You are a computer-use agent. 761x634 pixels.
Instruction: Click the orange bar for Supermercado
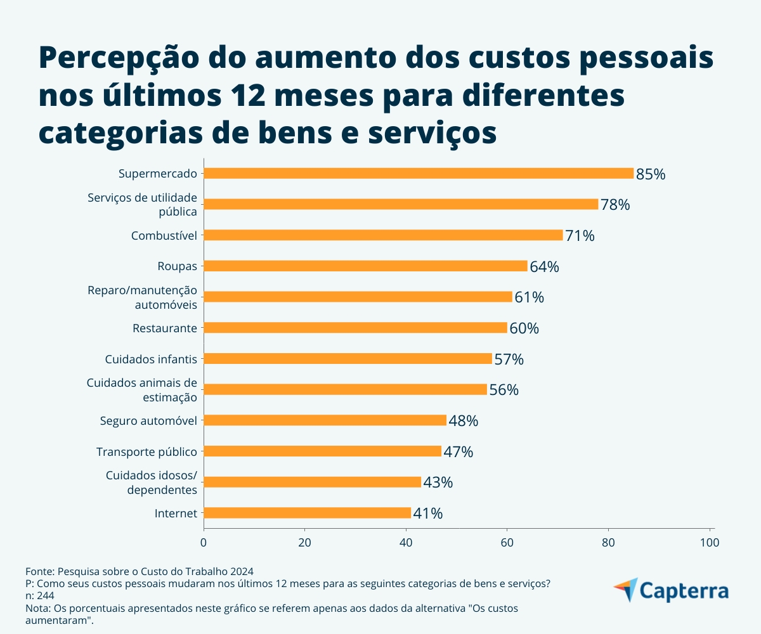[419, 173]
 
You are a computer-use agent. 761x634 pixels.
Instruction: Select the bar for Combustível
[383, 235]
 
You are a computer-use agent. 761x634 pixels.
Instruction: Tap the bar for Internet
[307, 513]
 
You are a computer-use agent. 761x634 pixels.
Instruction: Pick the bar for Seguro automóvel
[325, 420]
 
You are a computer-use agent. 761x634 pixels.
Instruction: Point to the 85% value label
[651, 174]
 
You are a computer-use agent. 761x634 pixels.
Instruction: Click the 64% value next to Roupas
[544, 267]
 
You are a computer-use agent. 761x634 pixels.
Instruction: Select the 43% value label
[438, 482]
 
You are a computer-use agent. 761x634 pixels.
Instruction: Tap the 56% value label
[504, 390]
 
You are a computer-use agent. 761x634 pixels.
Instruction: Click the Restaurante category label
[165, 328]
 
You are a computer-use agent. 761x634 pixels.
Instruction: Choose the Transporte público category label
[146, 452]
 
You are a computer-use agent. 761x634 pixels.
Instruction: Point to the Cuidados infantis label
[151, 359]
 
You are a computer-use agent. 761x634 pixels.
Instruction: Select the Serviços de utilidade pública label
[143, 204]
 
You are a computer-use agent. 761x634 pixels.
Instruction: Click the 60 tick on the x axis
[507, 543]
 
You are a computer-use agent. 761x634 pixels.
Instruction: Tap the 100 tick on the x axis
[709, 543]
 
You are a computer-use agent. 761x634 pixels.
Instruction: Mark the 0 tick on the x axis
[204, 543]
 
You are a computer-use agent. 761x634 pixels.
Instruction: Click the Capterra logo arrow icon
[626, 590]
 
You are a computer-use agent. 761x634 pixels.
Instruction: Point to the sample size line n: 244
[39, 596]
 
